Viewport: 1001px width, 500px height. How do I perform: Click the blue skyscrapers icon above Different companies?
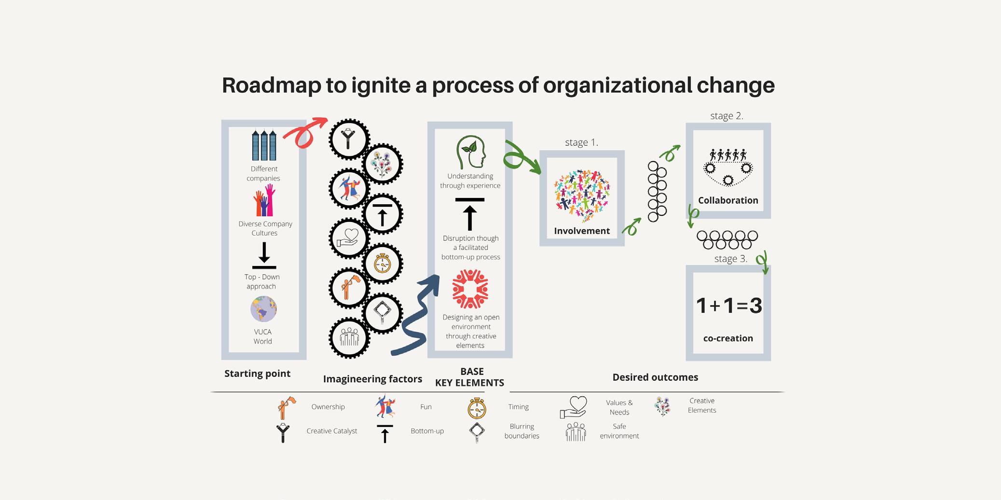click(264, 145)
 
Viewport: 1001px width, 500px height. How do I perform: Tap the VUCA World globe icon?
click(263, 309)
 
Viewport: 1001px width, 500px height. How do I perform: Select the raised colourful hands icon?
click(264, 201)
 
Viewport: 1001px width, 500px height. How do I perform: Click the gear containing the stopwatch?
click(383, 264)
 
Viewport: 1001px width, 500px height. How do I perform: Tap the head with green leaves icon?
click(470, 152)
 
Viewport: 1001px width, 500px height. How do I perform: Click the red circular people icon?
click(470, 289)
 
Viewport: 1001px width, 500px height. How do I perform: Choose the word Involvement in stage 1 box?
click(582, 231)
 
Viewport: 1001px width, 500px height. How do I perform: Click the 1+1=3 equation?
click(728, 306)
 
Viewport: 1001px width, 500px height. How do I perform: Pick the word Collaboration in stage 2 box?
click(728, 200)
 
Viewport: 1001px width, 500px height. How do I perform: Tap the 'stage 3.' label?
click(730, 259)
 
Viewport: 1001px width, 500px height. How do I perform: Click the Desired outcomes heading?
click(655, 377)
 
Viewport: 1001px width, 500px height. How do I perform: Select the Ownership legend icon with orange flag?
click(286, 408)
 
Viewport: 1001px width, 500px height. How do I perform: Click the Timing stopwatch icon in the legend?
click(477, 408)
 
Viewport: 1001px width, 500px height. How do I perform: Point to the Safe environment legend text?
click(619, 431)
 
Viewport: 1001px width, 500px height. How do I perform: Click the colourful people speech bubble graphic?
click(582, 194)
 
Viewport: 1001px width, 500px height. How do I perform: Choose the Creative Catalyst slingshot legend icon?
click(283, 432)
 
